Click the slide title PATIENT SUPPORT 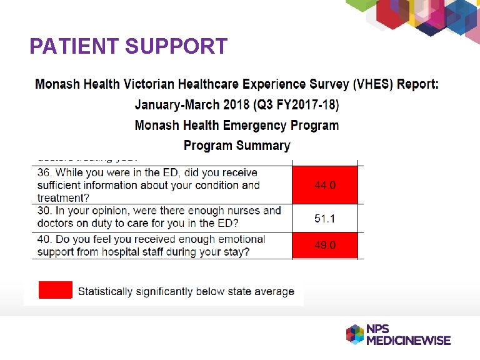[x=128, y=46]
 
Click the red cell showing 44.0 [x=325, y=185]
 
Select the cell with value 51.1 [x=325, y=218]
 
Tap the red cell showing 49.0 [x=325, y=246]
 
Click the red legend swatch [x=56, y=291]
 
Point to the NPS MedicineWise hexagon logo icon [x=355, y=334]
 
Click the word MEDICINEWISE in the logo [x=408, y=341]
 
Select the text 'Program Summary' [x=237, y=146]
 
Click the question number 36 [x=44, y=172]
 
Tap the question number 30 [x=44, y=211]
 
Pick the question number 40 [x=44, y=239]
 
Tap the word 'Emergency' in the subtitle [x=252, y=125]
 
